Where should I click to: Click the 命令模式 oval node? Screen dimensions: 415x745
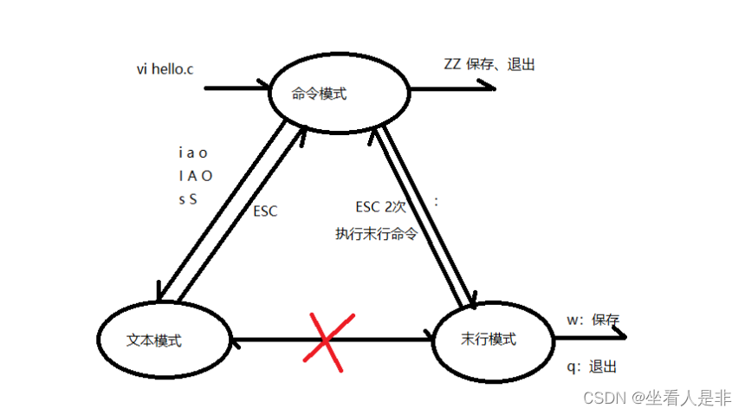pos(337,94)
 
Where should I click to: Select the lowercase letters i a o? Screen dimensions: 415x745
pos(193,153)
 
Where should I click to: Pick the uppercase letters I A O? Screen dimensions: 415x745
pos(194,177)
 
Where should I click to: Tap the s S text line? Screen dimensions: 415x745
pos(188,199)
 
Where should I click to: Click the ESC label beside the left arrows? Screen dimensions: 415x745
pos(266,211)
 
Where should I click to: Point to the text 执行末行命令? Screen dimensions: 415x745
pos(377,233)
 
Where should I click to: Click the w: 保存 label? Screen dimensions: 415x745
pos(593,320)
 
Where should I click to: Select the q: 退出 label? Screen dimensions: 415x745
pos(593,366)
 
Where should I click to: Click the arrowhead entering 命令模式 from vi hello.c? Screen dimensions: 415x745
pos(264,88)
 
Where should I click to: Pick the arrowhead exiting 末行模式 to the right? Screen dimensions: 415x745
pos(620,338)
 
